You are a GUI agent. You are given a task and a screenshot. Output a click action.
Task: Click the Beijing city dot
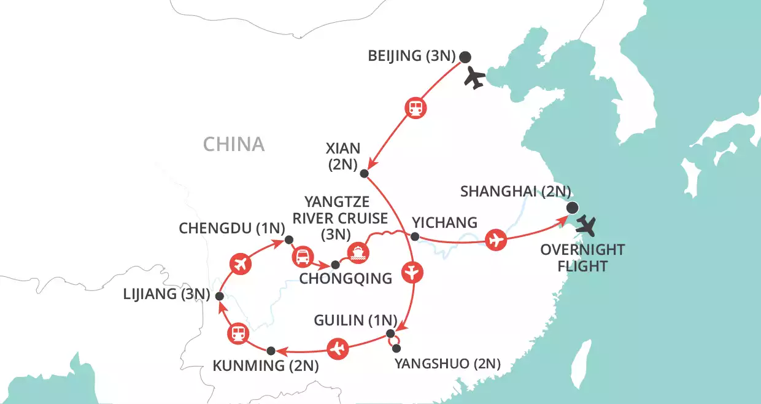465,57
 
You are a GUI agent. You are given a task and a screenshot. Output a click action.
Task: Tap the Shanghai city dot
572,207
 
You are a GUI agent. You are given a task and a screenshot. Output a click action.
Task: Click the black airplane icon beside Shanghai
586,227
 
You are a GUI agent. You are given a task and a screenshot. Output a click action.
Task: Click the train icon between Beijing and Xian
415,108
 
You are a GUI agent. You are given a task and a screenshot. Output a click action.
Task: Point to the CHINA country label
234,144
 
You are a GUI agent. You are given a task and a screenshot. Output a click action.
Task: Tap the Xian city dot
363,174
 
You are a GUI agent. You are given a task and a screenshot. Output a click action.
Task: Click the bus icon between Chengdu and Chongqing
302,257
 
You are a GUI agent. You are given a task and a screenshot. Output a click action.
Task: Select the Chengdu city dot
288,240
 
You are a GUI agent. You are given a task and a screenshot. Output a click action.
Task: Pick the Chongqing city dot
335,265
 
